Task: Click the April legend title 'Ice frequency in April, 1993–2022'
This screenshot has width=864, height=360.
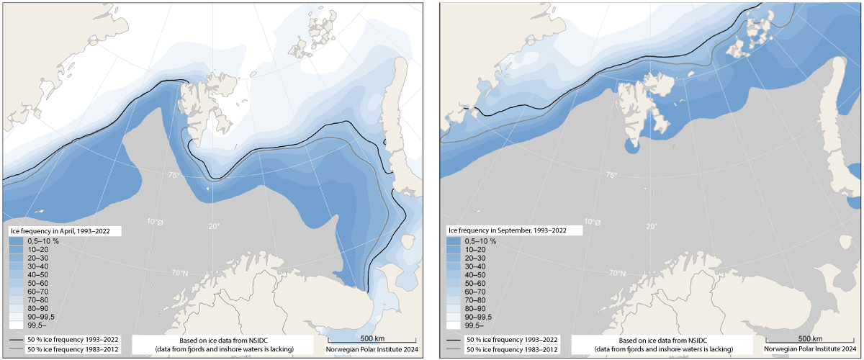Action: [x=64, y=231]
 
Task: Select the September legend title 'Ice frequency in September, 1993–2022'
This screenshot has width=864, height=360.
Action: [x=507, y=231]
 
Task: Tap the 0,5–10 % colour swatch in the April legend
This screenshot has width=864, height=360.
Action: [x=18, y=241]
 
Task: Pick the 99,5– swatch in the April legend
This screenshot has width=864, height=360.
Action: [x=18, y=325]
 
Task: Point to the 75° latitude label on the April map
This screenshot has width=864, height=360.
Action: [x=174, y=175]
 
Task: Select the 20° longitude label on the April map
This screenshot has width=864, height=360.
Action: [x=214, y=227]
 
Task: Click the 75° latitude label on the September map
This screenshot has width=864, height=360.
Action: [x=611, y=175]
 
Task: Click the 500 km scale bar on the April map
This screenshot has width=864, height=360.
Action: [x=372, y=341]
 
